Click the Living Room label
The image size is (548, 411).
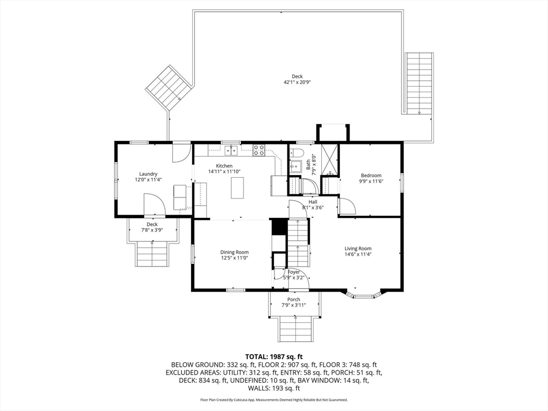358,248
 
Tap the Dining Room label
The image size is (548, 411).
234,252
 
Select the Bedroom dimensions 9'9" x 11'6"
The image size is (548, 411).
371,181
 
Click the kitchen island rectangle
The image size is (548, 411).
237,188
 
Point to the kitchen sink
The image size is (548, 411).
231,150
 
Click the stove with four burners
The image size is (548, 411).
258,150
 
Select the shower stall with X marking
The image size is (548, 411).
330,159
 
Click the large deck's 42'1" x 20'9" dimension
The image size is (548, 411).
297,82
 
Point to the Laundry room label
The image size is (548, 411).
148,174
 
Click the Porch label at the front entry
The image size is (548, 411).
294,299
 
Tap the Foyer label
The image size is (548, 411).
294,272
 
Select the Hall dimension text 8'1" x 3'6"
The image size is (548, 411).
313,208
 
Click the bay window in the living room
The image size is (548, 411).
363,294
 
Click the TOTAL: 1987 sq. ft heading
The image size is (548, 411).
273,357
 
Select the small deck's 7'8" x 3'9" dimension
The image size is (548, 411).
152,230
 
